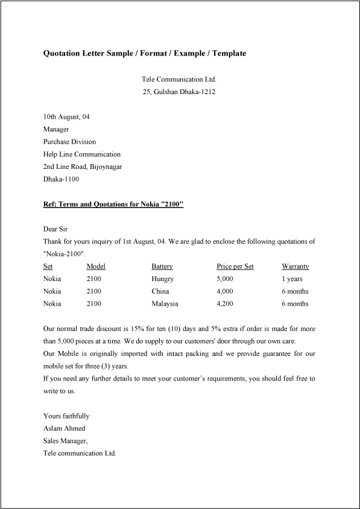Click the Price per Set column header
[x=235, y=266]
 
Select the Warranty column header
[x=295, y=266]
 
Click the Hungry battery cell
[x=162, y=279]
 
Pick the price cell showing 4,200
[x=224, y=304]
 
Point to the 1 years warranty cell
[x=292, y=279]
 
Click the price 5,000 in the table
[x=224, y=279]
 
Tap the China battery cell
[x=160, y=291]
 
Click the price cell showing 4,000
[x=224, y=291]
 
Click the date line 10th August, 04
[x=66, y=116]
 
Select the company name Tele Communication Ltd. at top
[x=178, y=79]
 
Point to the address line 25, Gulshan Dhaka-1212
[x=178, y=92]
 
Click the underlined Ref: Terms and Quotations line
[x=113, y=204]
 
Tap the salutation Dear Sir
[x=55, y=229]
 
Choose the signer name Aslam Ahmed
[x=64, y=428]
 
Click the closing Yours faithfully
[x=66, y=416]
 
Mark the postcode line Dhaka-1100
[x=61, y=179]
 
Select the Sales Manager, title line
[x=65, y=441]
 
